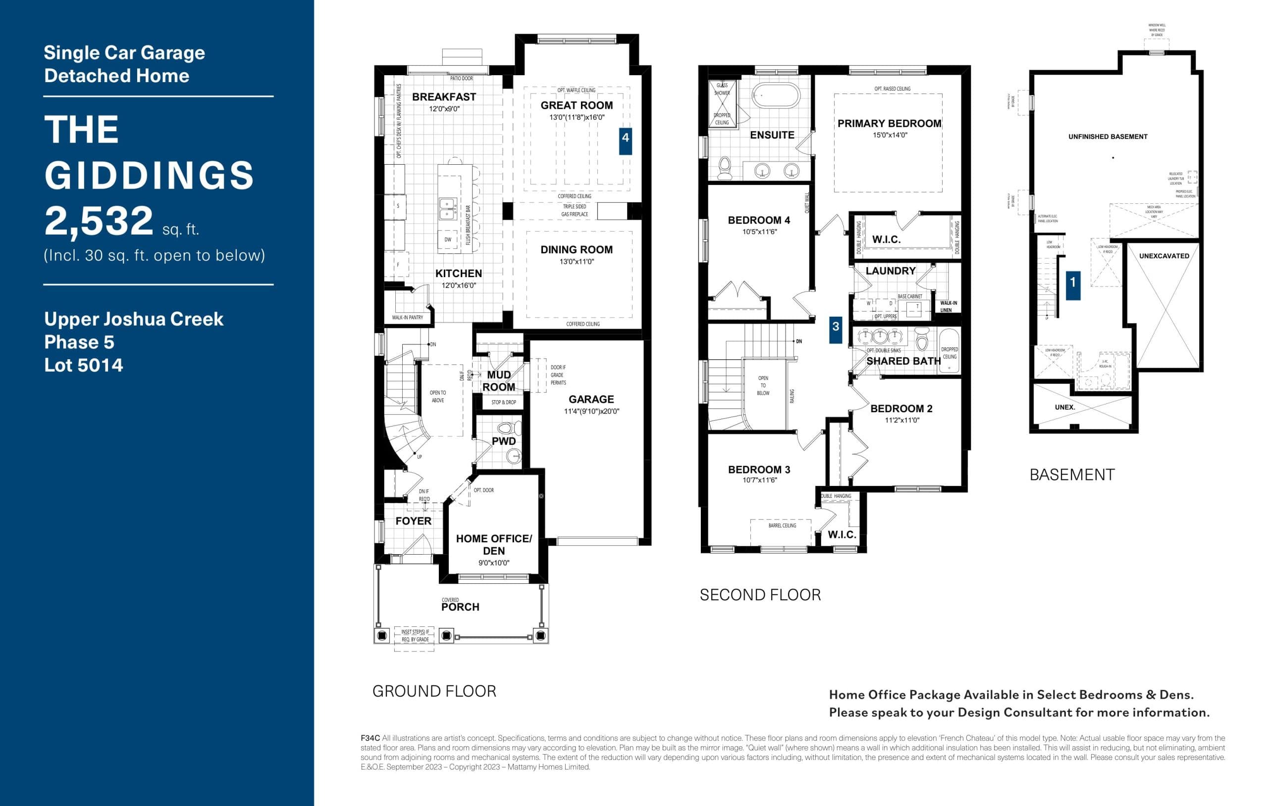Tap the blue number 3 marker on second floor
click(835, 330)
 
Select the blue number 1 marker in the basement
click(1073, 285)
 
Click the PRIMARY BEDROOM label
click(889, 124)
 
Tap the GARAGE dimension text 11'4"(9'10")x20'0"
click(591, 412)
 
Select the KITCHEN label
click(458, 274)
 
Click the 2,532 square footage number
click(99, 221)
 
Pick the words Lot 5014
click(84, 365)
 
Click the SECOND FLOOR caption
click(760, 595)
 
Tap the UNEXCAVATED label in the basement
click(1164, 256)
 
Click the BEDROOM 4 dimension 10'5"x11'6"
click(759, 232)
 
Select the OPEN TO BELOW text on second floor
click(763, 385)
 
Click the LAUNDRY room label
click(890, 271)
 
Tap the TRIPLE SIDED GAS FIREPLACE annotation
click(575, 210)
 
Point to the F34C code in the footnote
click(370, 738)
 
